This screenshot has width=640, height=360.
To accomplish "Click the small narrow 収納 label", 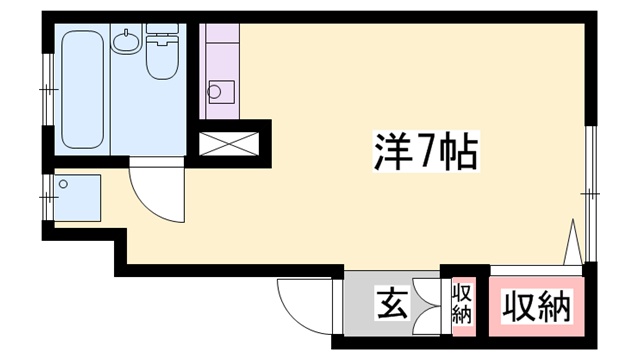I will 461,304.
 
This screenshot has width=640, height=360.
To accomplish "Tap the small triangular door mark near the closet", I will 573,243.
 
